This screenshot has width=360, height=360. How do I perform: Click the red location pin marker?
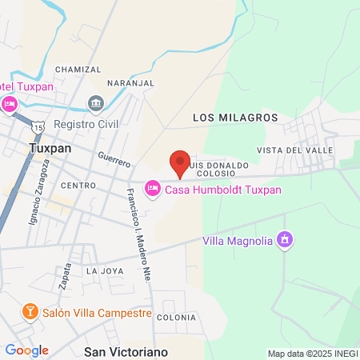(x=180, y=163)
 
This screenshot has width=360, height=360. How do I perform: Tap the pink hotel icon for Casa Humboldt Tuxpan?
(x=152, y=189)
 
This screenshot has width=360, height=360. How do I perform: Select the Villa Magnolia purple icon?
(x=283, y=239)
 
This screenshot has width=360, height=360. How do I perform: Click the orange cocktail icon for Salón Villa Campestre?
(x=30, y=311)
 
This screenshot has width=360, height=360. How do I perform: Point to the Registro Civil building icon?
(x=96, y=102)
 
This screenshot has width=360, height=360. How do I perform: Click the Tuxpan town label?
(x=50, y=149)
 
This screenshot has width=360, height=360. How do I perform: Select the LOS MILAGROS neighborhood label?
(x=235, y=118)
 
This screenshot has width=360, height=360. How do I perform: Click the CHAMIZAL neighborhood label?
(x=78, y=70)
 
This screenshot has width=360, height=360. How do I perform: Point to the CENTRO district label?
(x=78, y=186)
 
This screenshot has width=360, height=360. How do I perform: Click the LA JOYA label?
(x=105, y=271)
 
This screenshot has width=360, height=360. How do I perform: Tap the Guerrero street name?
(x=113, y=159)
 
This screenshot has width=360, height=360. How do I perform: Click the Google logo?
(x=27, y=350)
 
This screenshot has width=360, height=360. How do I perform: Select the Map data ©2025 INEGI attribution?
(x=312, y=354)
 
